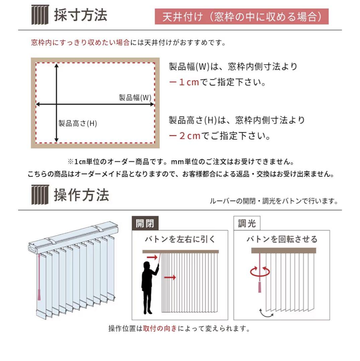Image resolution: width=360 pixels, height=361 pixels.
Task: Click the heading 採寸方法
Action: click(81, 15)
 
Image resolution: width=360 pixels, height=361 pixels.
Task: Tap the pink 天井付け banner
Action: click(242, 17)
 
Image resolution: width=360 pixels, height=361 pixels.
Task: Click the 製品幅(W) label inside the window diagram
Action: click(135, 98)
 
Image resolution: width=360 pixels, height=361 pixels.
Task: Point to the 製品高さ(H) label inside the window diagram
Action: click(78, 123)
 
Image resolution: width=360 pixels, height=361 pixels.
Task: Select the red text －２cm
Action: click(185, 136)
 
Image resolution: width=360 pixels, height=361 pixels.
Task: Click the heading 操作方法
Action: click(81, 195)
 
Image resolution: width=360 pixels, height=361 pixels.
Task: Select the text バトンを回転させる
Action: click(282, 239)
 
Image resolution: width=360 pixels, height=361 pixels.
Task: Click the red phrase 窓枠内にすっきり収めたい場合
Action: click(80, 43)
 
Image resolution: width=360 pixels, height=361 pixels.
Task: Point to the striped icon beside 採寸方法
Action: click(40, 15)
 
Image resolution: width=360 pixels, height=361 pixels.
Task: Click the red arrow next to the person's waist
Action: click(170, 277)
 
